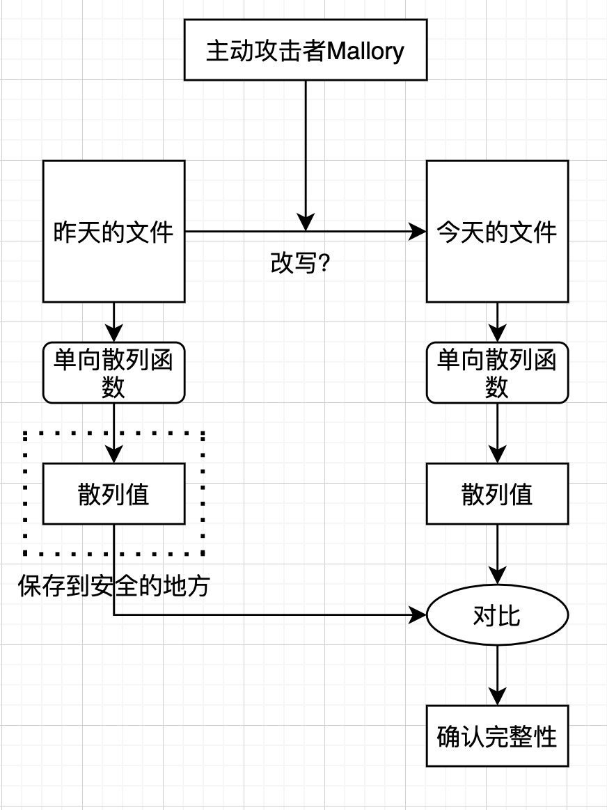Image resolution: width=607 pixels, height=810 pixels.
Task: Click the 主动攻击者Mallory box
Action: click(305, 50)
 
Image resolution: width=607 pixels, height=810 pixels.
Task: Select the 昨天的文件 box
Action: click(113, 231)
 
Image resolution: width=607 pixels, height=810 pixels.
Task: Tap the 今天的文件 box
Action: click(497, 231)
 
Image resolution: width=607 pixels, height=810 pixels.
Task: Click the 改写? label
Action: click(299, 263)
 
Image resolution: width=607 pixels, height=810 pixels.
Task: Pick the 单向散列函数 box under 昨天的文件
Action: click(113, 372)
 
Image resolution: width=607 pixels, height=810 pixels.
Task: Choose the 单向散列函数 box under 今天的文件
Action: click(497, 372)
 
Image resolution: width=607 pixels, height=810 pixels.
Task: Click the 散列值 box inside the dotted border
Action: click(113, 495)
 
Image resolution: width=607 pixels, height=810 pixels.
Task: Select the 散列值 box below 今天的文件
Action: click(497, 495)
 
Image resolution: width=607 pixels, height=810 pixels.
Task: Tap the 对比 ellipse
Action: click(497, 615)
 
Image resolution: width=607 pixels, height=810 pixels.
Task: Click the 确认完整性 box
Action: click(497, 736)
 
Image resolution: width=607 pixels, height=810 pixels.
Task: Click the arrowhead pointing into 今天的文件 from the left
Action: click(418, 231)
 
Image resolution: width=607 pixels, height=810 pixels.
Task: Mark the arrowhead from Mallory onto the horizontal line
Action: click(305, 221)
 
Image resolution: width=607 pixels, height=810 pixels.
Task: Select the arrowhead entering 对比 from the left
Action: click(418, 615)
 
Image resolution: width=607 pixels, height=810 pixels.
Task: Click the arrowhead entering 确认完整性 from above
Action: click(497, 696)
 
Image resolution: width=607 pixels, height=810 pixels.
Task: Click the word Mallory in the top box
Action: click(365, 51)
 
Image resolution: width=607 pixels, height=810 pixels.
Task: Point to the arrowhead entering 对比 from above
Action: click(497, 575)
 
